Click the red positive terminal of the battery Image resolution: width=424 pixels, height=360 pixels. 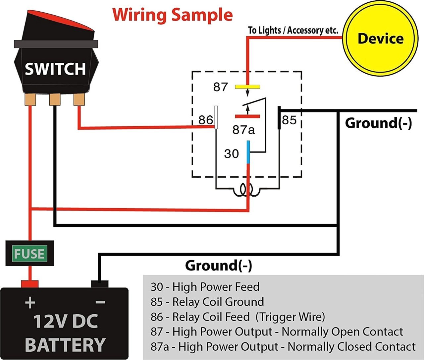coord(30,284)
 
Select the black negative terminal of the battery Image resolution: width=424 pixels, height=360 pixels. coord(99,284)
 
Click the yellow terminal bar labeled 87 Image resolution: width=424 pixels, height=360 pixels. coord(247,87)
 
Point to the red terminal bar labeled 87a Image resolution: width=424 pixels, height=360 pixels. coord(247,117)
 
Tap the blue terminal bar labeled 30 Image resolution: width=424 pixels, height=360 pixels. coord(248,152)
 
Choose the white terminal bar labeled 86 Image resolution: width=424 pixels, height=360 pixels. coord(216,117)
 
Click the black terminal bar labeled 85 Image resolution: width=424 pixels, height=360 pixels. coord(279,118)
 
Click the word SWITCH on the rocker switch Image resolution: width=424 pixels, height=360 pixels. coord(55,69)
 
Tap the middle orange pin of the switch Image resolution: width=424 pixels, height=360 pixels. coord(55,99)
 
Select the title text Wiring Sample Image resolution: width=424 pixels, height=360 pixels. coord(173,15)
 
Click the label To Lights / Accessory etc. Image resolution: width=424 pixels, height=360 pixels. coord(293,30)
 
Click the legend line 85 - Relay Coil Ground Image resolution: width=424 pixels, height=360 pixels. coord(207,302)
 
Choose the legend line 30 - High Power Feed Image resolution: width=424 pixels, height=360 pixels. coord(205,287)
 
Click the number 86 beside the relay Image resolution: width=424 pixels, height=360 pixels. coord(205,120)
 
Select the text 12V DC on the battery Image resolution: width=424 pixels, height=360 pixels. coord(66,321)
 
